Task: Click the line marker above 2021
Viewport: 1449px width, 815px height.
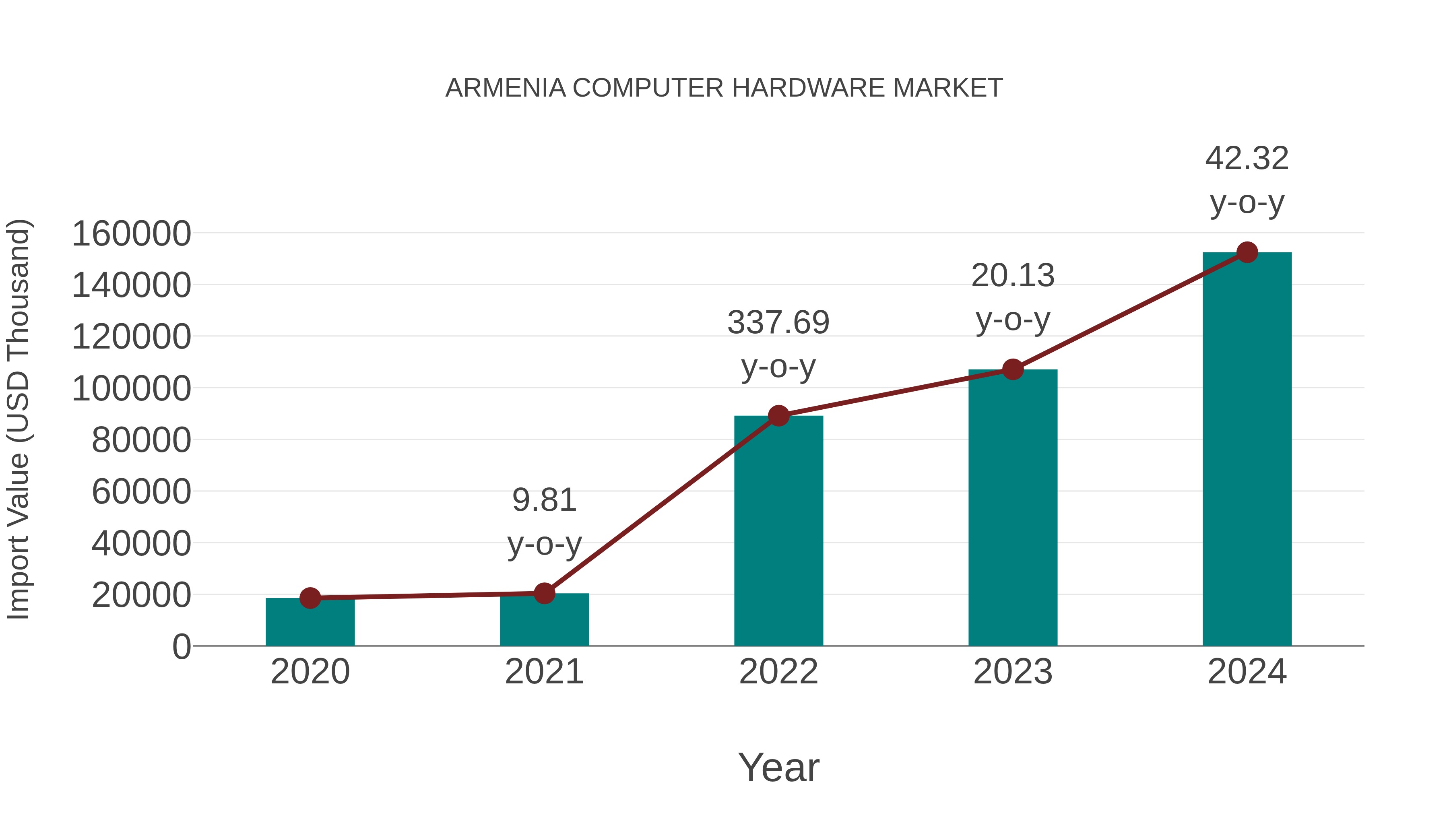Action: [544, 593]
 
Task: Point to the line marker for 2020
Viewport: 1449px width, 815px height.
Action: [310, 598]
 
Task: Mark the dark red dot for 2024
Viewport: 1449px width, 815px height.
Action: [1247, 252]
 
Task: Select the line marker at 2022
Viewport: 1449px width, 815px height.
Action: [778, 416]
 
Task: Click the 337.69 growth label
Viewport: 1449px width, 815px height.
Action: [778, 322]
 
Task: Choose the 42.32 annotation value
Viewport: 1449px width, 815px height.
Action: [1247, 158]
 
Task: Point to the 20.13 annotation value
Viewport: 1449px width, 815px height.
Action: [1013, 276]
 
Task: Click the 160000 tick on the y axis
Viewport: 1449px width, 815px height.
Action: [132, 233]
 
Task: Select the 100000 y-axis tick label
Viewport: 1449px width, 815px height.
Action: [132, 389]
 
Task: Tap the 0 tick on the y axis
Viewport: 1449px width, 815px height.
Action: [182, 647]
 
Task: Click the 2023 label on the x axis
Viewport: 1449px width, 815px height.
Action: [1013, 672]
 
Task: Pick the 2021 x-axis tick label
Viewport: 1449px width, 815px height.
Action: [544, 672]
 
